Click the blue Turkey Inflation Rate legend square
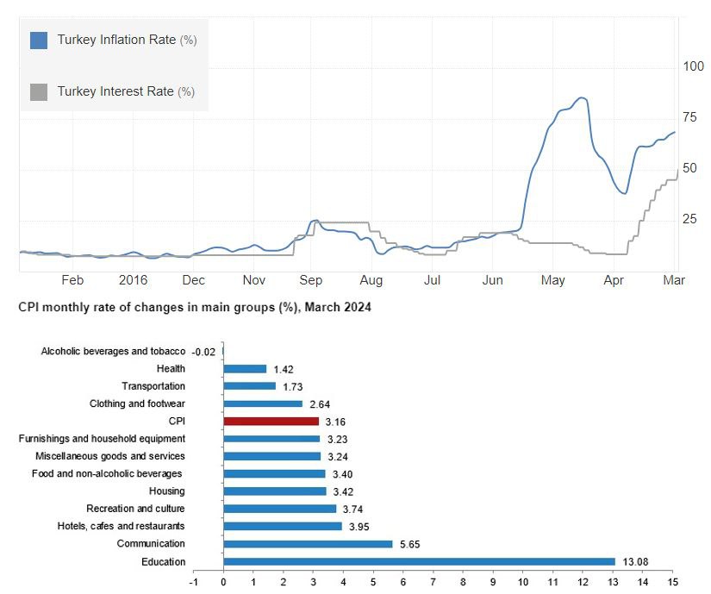pyautogui.click(x=39, y=41)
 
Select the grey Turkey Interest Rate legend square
pyautogui.click(x=39, y=91)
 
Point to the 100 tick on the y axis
pyautogui.click(x=693, y=67)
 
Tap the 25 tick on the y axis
pyautogui.click(x=690, y=220)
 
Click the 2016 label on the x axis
pyautogui.click(x=134, y=280)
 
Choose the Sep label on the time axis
pyautogui.click(x=311, y=280)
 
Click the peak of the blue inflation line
pyautogui.click(x=582, y=98)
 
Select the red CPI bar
pyautogui.click(x=271, y=422)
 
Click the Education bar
pyautogui.click(x=419, y=561)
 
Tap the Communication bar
pyautogui.click(x=308, y=544)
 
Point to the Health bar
pyautogui.click(x=245, y=369)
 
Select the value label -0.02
pyautogui.click(x=203, y=352)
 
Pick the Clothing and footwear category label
pyautogui.click(x=137, y=403)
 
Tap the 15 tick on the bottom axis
pyautogui.click(x=672, y=582)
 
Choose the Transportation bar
pyautogui.click(x=249, y=386)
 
